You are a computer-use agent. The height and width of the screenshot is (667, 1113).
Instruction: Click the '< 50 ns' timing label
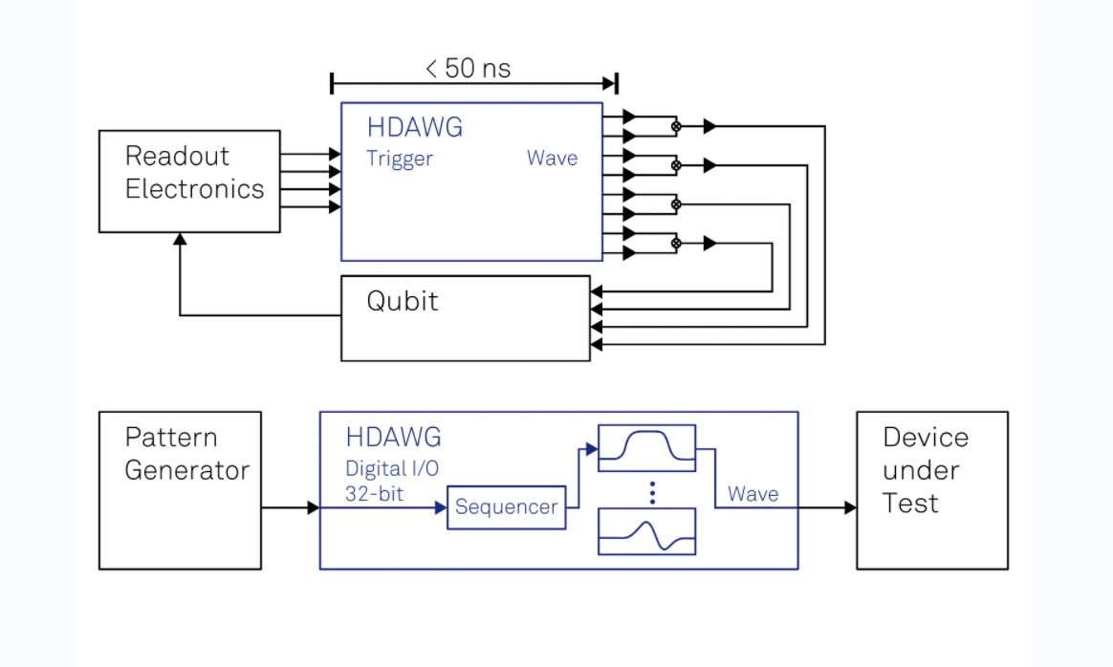pyautogui.click(x=469, y=69)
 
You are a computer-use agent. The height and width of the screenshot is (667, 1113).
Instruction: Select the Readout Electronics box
pyautogui.click(x=189, y=181)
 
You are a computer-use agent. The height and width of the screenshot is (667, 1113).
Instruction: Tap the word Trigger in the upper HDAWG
pyautogui.click(x=399, y=159)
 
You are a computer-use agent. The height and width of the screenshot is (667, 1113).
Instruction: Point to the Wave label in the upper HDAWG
pyautogui.click(x=552, y=159)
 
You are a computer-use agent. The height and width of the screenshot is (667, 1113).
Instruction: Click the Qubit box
pyautogui.click(x=466, y=318)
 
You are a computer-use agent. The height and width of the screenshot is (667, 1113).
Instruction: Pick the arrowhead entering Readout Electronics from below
pyautogui.click(x=180, y=240)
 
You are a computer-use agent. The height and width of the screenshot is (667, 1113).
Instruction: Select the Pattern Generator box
pyautogui.click(x=180, y=490)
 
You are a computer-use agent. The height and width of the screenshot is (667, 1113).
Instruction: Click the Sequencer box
pyautogui.click(x=506, y=507)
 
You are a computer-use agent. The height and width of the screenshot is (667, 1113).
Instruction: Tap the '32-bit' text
pyautogui.click(x=374, y=493)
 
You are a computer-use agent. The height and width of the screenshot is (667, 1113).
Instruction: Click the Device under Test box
pyautogui.click(x=931, y=490)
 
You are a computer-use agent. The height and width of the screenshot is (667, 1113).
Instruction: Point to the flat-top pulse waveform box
pyautogui.click(x=646, y=448)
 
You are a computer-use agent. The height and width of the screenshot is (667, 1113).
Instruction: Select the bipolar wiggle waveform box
pyautogui.click(x=646, y=531)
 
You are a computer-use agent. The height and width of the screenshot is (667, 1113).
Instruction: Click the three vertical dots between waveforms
pyautogui.click(x=652, y=492)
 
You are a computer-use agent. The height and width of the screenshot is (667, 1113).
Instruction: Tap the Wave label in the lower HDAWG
pyautogui.click(x=753, y=494)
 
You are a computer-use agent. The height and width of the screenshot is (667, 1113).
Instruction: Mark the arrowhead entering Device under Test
pyautogui.click(x=850, y=507)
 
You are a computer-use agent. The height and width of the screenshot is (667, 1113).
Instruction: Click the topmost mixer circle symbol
pyautogui.click(x=676, y=126)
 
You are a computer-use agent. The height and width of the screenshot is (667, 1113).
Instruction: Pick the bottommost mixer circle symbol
pyautogui.click(x=676, y=244)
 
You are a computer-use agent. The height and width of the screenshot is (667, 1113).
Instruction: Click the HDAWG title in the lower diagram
pyautogui.click(x=394, y=438)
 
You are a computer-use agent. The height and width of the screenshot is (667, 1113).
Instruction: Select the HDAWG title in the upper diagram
pyautogui.click(x=415, y=128)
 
